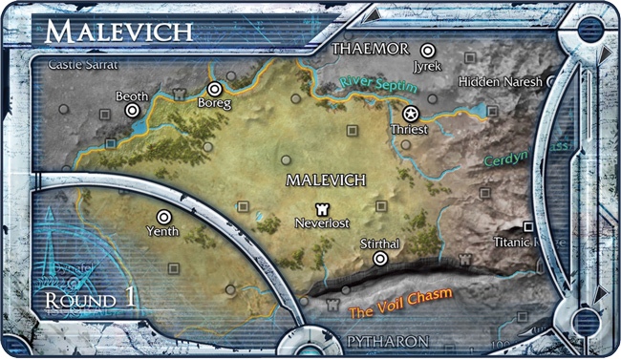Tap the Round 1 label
[x=90, y=298]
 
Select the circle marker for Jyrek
[x=429, y=50]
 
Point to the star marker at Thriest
[x=412, y=113]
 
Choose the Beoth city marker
[x=132, y=111]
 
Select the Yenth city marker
[x=163, y=216]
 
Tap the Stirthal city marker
[x=380, y=258]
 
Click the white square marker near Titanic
[x=527, y=226]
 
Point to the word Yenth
[x=163, y=231]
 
